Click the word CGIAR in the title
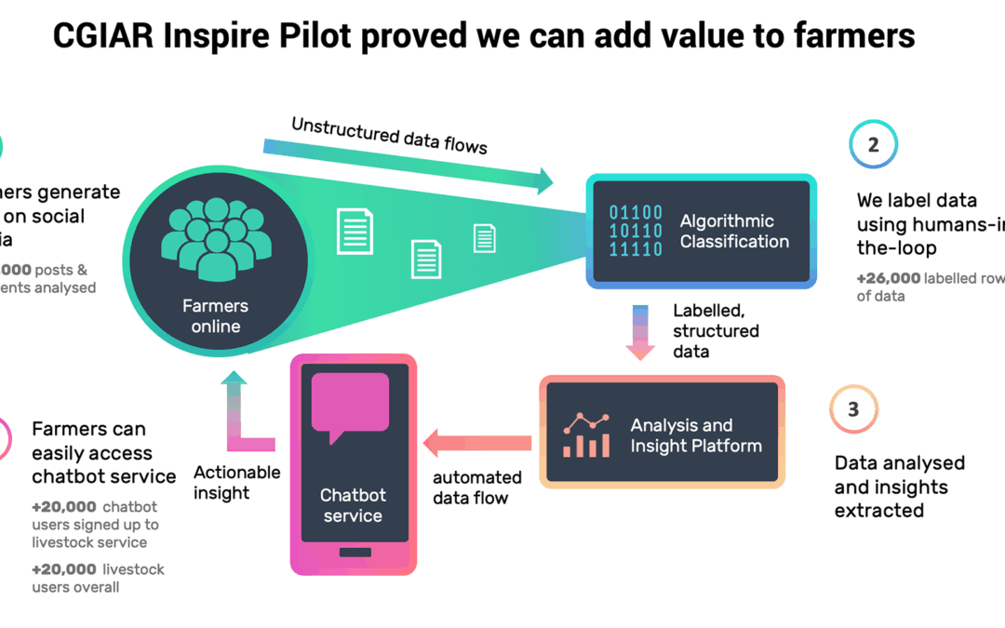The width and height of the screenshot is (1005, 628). click(x=104, y=35)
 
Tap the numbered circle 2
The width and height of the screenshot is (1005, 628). click(x=872, y=145)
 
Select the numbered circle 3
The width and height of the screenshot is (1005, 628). click(x=853, y=409)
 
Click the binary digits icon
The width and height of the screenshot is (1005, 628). click(x=636, y=232)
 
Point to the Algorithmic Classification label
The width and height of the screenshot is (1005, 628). click(x=734, y=232)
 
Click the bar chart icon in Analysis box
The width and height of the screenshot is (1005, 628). click(x=585, y=434)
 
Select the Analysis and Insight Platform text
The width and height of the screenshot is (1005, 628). click(x=696, y=435)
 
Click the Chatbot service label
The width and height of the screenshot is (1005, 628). click(x=353, y=505)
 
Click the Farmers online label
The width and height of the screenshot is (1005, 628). click(x=216, y=316)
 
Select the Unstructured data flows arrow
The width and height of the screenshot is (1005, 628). click(x=409, y=163)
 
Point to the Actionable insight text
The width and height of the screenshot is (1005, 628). click(x=236, y=482)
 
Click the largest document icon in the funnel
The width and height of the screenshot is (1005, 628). click(x=355, y=231)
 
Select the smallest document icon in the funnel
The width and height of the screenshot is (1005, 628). click(x=485, y=238)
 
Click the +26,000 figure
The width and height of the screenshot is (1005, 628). click(x=889, y=278)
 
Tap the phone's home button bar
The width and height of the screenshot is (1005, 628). click(x=354, y=552)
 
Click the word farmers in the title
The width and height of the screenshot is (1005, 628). click(x=845, y=35)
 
